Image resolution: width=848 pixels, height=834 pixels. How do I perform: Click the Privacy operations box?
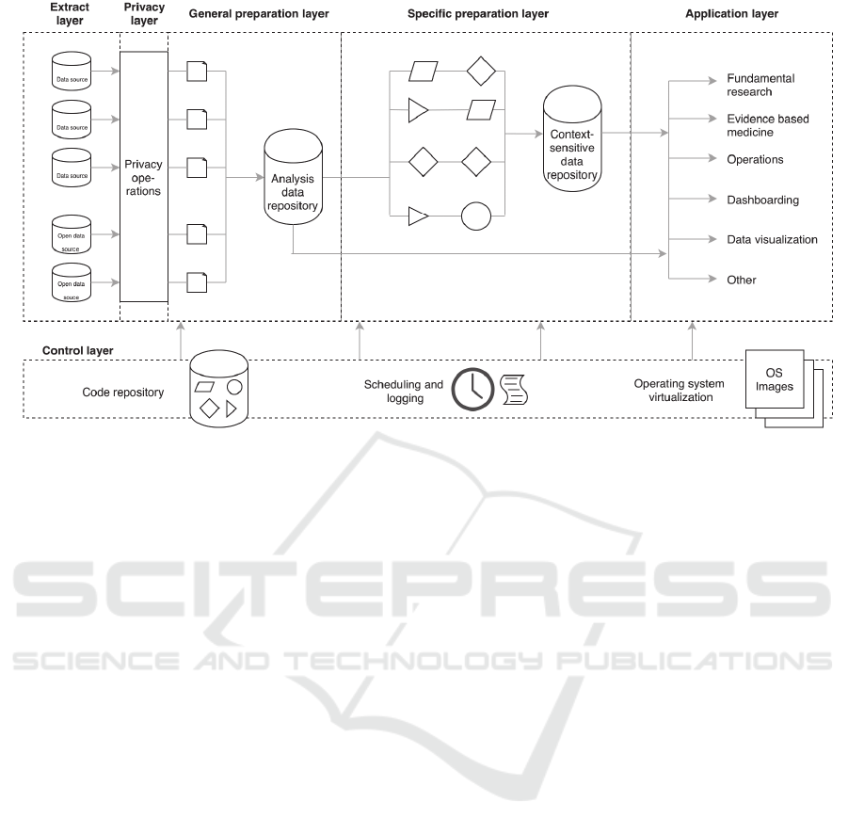coord(143,177)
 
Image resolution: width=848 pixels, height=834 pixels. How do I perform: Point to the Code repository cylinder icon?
coord(219,386)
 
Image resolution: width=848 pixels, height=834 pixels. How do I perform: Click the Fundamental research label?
coord(761,85)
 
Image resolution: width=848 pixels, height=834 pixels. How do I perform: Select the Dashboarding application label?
coord(762,200)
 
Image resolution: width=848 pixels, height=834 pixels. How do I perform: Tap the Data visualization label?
coord(772,239)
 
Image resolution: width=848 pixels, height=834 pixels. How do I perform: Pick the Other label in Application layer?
coord(742,280)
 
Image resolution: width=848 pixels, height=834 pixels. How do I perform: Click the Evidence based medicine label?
coord(767,125)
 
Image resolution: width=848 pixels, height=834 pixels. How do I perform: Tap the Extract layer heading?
coord(71,14)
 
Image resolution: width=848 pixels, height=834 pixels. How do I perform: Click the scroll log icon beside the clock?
coord(514,390)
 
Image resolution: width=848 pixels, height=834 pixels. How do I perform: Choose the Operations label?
coord(755,159)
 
